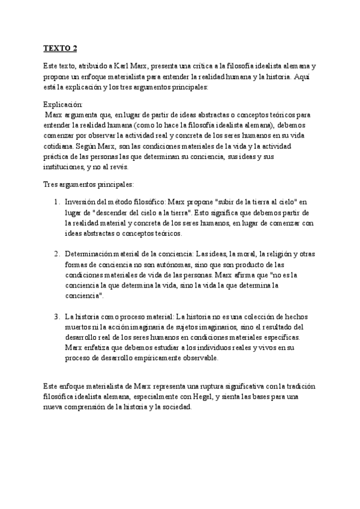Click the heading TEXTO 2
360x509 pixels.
click(60, 48)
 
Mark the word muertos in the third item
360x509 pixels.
click(79, 327)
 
